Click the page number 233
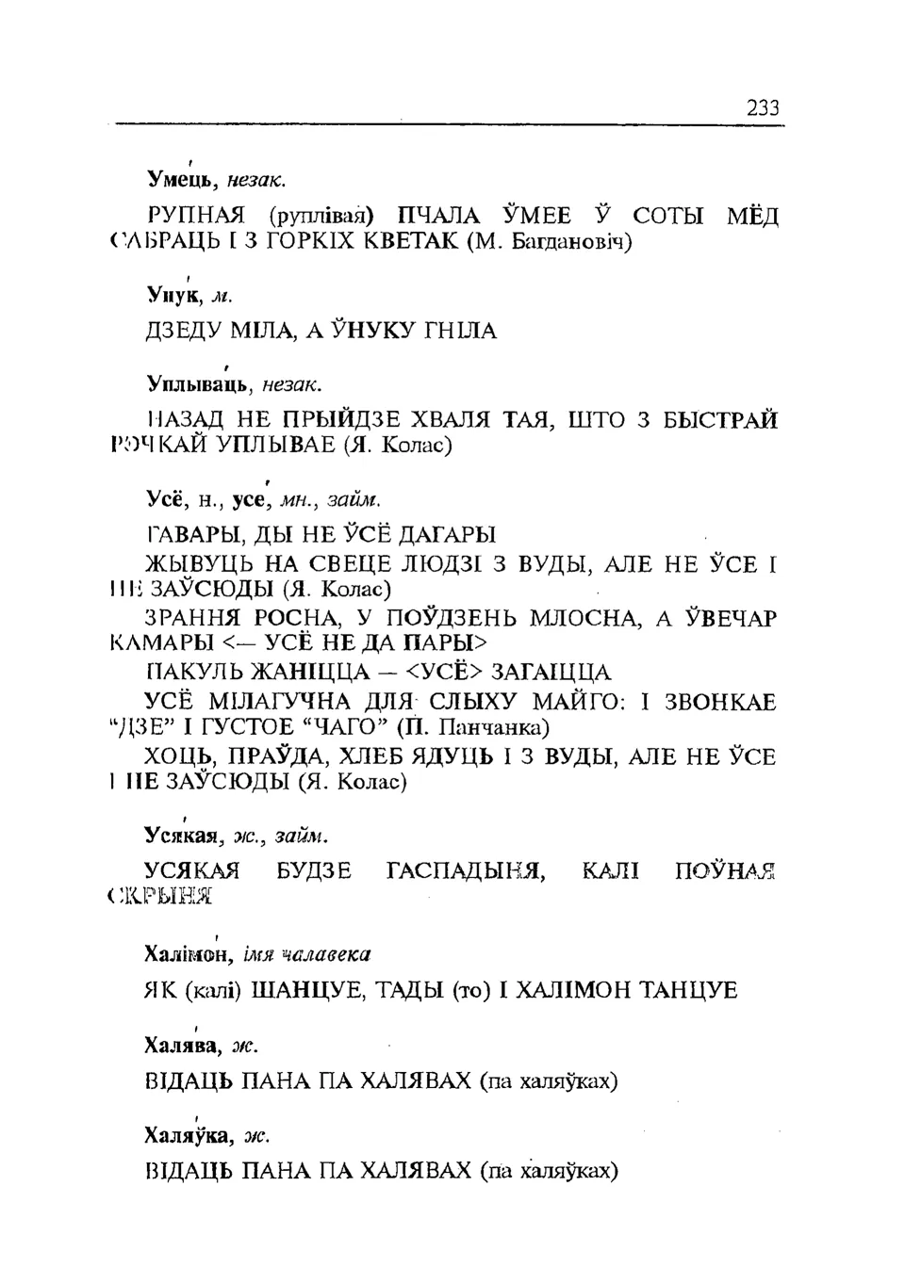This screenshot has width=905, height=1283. (x=763, y=107)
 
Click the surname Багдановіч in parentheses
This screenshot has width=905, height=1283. (x=559, y=242)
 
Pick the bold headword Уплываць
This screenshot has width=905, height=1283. (x=198, y=383)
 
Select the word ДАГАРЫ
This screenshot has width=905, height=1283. (x=447, y=535)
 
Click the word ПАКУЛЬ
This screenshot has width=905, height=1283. (x=194, y=672)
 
